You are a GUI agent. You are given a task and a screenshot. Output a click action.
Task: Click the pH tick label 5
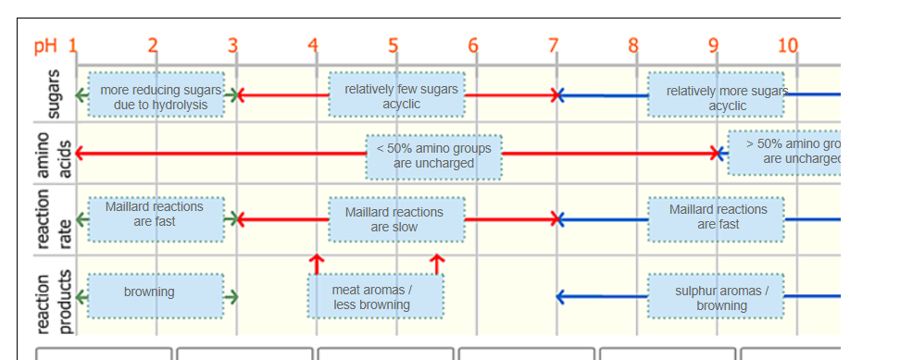(394, 44)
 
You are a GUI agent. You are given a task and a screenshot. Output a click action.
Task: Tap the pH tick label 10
(788, 44)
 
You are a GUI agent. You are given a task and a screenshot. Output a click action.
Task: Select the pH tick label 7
(554, 44)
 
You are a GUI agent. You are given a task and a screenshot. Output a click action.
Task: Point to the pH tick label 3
(233, 44)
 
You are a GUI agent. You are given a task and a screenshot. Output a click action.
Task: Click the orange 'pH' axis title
(44, 46)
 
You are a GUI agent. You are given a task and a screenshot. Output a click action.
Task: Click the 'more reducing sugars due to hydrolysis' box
(157, 95)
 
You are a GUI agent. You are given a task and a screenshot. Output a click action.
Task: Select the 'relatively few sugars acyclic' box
(397, 95)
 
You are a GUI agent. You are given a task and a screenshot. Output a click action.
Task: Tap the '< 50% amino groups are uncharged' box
(433, 155)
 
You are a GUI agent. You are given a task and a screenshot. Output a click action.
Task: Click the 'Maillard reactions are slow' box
(397, 219)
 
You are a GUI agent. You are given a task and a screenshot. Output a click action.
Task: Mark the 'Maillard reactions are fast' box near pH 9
(715, 218)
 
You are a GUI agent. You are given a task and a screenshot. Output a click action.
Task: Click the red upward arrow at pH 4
(317, 264)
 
